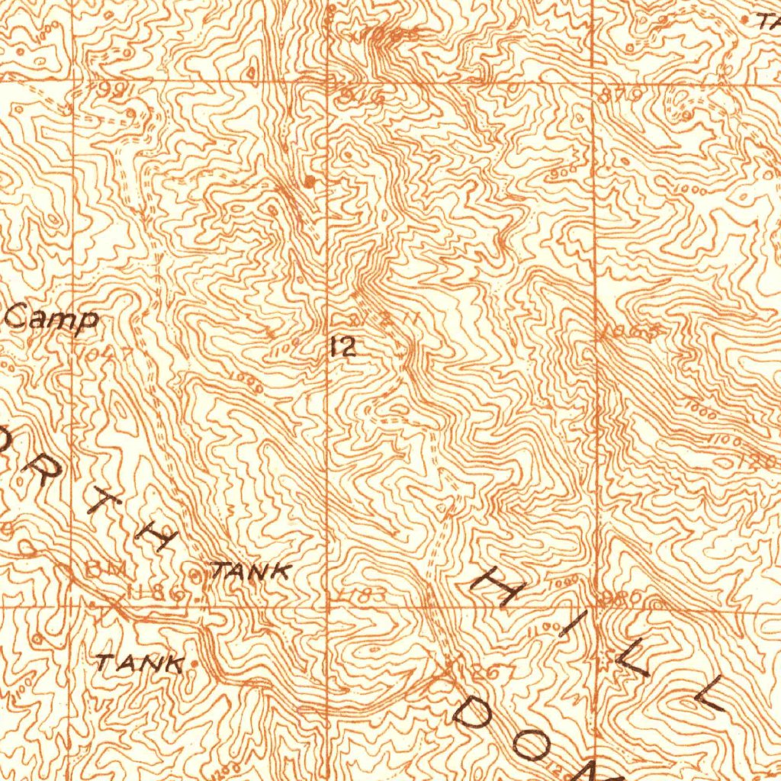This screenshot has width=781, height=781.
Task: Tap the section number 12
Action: (x=343, y=349)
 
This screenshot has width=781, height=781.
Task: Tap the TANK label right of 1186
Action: (x=252, y=570)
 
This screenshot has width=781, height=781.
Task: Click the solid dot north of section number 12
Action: (x=309, y=181)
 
